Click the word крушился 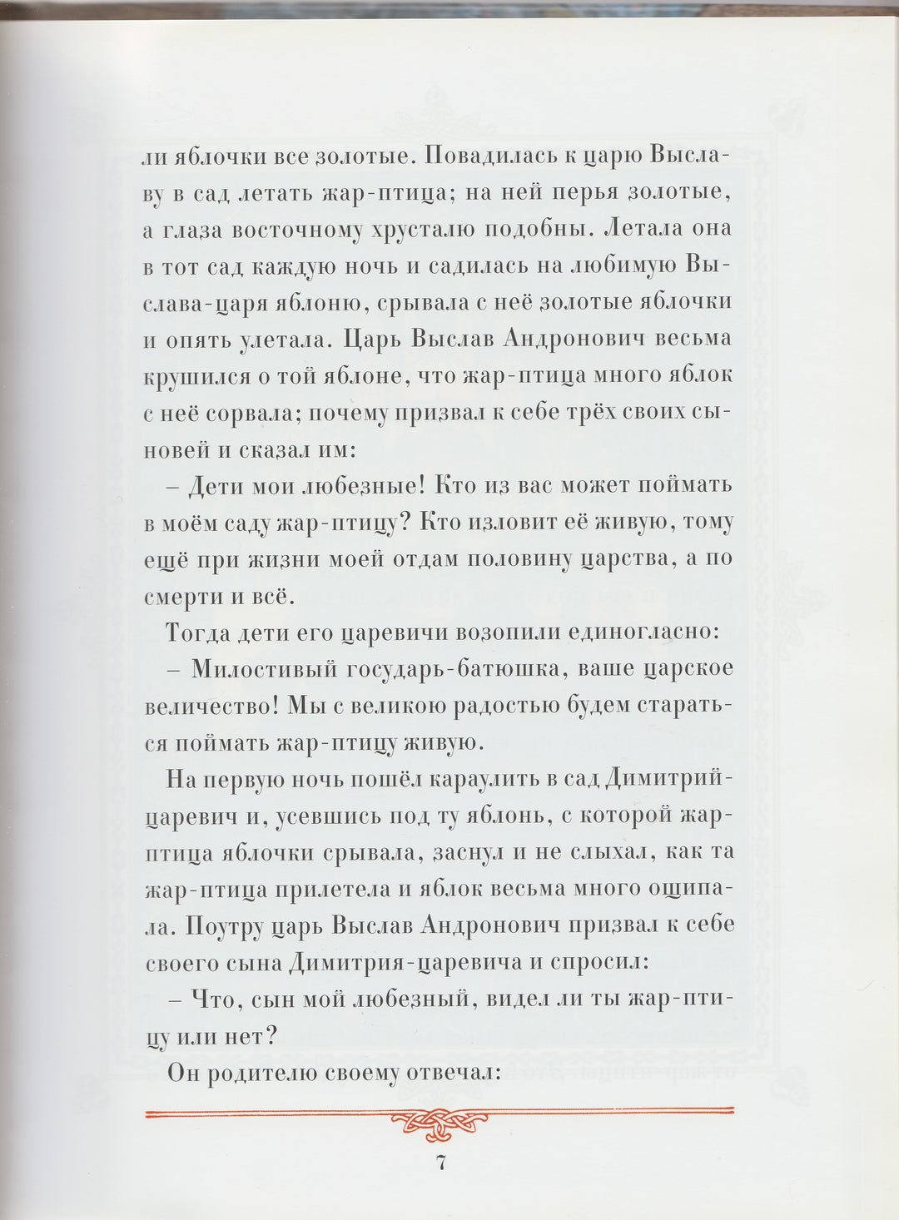pos(196,376)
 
